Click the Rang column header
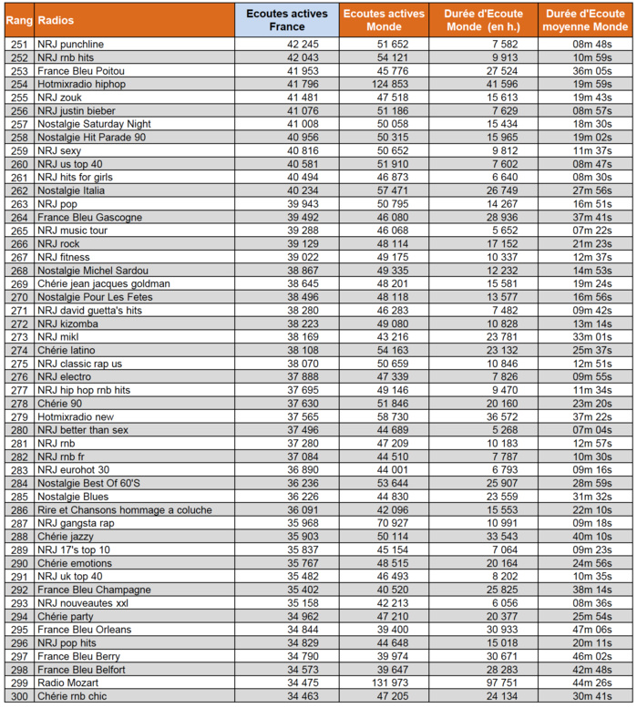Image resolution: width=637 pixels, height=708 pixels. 20,19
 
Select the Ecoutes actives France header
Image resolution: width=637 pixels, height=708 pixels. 287,19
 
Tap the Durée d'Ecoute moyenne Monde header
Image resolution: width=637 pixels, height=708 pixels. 584,19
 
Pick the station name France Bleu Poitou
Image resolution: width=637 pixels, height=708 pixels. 81,70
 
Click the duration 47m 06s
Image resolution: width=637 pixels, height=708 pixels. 591,629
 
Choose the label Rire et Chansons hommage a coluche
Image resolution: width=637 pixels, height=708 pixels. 124,510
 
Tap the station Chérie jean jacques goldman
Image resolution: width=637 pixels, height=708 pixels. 103,283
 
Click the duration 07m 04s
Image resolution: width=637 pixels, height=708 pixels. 591,430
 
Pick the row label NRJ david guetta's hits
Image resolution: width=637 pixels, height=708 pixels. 90,311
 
